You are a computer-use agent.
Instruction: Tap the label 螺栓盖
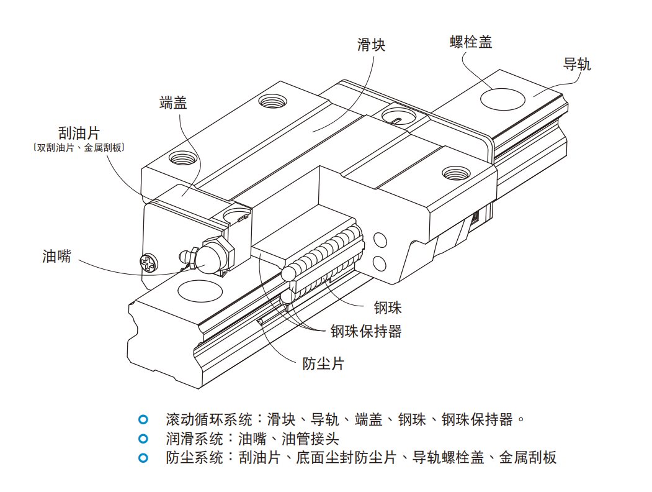471,42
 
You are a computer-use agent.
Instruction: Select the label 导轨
577,64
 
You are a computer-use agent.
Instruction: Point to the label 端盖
173,102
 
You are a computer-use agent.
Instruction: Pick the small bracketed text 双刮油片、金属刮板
78,148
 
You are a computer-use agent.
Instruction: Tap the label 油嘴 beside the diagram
56,256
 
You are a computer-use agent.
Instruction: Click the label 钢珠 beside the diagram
388,307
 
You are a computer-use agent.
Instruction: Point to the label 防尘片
323,363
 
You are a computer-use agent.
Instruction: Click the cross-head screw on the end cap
150,262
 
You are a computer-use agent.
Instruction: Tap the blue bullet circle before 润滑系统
144,439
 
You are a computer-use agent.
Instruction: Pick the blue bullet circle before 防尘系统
144,458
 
